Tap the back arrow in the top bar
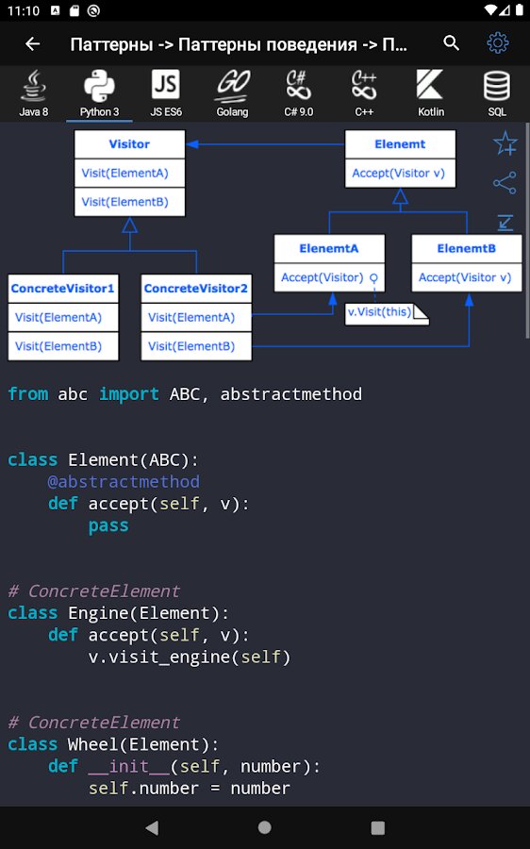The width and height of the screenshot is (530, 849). tap(32, 43)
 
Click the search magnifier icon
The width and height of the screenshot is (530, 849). tap(451, 42)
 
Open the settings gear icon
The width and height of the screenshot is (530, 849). tap(498, 42)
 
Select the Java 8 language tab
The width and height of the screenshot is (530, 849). tap(34, 93)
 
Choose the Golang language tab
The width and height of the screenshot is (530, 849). tap(232, 93)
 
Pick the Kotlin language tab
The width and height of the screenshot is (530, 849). tap(430, 93)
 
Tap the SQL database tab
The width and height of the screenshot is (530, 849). tap(496, 93)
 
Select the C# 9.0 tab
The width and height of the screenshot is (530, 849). tap(299, 93)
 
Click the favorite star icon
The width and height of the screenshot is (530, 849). tap(505, 143)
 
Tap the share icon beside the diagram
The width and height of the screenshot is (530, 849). tap(505, 183)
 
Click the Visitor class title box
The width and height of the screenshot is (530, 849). tap(129, 144)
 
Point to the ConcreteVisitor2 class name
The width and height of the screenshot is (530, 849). tap(196, 288)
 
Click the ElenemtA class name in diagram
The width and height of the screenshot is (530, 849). tap(329, 248)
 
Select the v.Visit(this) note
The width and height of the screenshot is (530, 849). tap(387, 313)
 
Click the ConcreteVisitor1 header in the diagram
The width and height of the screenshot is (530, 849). tap(63, 288)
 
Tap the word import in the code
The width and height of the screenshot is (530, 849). tap(129, 393)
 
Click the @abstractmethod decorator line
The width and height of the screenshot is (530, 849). tap(124, 481)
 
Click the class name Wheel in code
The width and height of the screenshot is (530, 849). tap(93, 744)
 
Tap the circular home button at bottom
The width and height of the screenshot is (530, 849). tap(265, 826)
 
